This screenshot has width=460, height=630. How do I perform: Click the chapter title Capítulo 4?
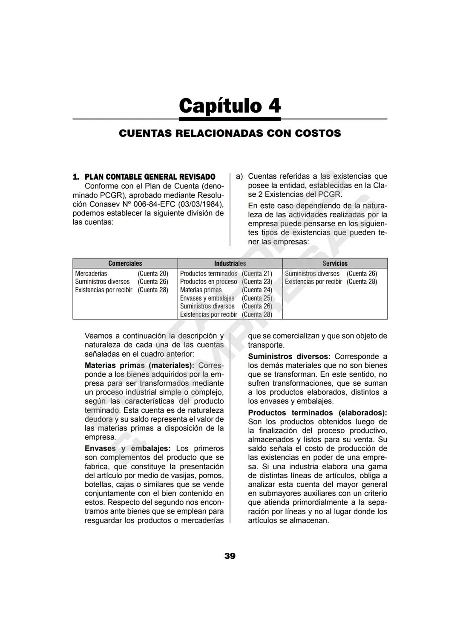coord(230,105)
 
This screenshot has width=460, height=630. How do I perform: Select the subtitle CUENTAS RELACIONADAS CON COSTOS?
coord(230,134)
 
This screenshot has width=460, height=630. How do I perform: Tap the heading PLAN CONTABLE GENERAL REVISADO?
coord(150,177)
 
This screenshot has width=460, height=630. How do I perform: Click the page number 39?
coord(230,556)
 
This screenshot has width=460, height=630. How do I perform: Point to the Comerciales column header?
coord(125,263)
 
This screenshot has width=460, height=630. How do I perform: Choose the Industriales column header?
coord(230,263)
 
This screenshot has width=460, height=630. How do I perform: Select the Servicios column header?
coord(335,263)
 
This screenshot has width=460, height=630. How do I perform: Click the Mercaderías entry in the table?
coord(91,273)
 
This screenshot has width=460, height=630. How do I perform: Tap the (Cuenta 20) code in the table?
coord(153,273)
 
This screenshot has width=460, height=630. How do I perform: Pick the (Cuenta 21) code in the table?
coord(257,273)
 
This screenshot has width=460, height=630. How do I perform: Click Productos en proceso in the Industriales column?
coord(208,282)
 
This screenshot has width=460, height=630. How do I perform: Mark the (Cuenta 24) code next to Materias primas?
coord(257,290)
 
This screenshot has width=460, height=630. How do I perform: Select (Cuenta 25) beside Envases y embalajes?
coord(257,298)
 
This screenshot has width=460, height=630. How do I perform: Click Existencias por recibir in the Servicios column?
coord(313,282)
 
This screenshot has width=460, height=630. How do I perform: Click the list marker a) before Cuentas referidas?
coord(239,176)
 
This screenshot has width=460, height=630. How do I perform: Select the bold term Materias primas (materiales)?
coord(139,366)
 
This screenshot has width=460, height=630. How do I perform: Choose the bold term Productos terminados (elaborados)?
coord(317,413)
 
